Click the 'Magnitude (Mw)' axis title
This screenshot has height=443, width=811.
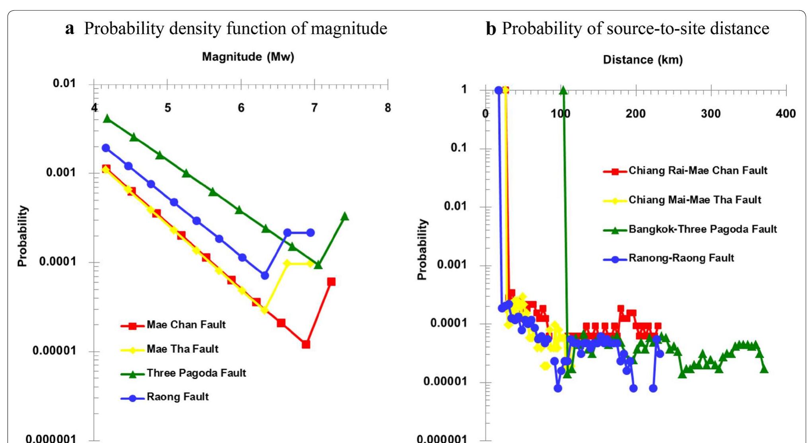click(x=248, y=57)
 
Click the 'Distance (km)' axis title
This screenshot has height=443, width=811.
click(x=642, y=60)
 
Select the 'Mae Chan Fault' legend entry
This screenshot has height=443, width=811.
click(x=186, y=325)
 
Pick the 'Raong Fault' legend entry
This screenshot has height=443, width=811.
click(x=177, y=397)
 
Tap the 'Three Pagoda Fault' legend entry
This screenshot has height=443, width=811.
click(x=196, y=373)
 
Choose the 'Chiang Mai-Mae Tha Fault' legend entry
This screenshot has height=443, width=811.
click(x=694, y=200)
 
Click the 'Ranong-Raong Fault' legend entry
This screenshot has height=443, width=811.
click(x=681, y=258)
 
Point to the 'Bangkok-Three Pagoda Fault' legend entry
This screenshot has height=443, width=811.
click(x=702, y=229)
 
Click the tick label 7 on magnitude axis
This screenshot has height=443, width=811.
click(x=314, y=108)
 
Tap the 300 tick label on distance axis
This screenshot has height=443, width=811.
click(x=710, y=114)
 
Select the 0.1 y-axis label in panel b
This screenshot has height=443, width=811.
click(x=458, y=148)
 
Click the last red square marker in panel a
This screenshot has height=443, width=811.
click(x=331, y=282)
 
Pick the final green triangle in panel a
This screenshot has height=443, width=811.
click(x=345, y=216)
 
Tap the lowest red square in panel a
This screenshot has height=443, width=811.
click(x=306, y=344)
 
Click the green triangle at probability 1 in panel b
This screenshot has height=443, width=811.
click(x=563, y=91)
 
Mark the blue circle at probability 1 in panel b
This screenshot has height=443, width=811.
click(x=499, y=90)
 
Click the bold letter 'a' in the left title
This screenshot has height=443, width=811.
click(x=70, y=29)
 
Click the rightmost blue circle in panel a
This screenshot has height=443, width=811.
click(x=310, y=233)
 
